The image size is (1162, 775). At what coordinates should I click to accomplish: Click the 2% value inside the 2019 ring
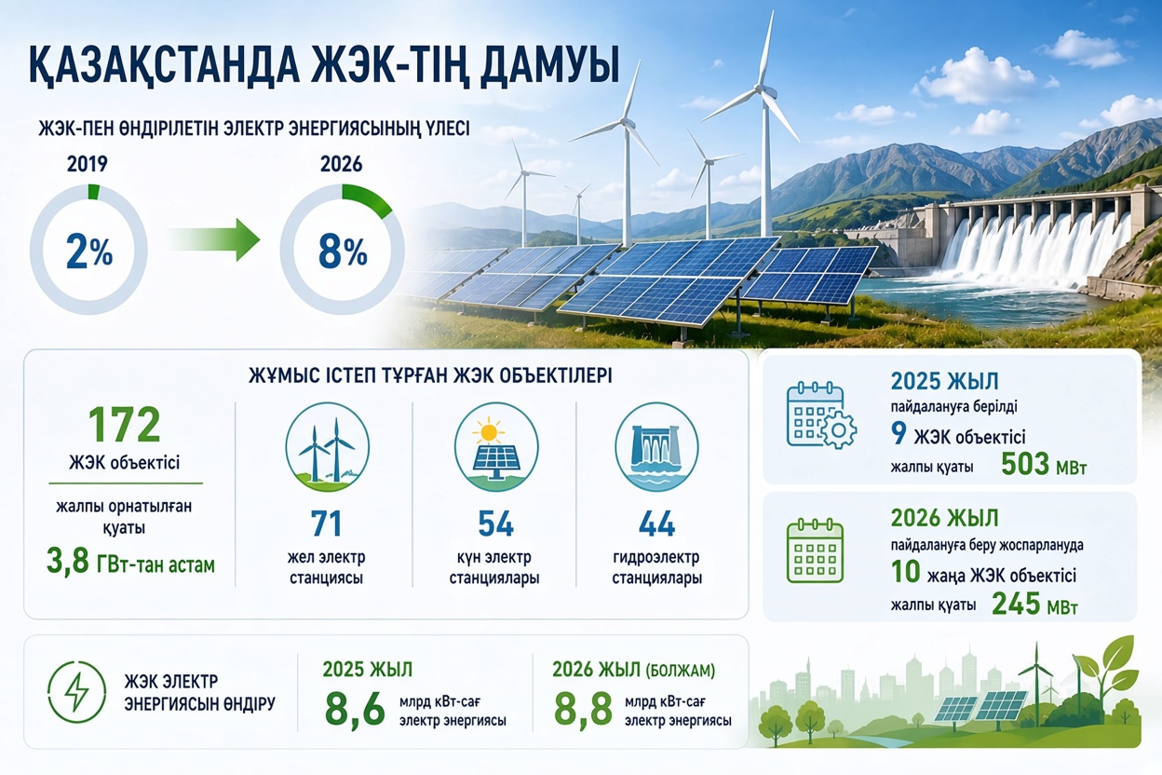pos(89,252)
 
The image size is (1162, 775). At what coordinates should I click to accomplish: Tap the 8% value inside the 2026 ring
pos(343,252)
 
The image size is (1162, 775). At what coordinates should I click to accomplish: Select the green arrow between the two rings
pos(215,240)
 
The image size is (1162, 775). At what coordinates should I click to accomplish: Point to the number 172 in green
pos(125,424)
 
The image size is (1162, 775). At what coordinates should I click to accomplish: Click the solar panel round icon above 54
pos(496,447)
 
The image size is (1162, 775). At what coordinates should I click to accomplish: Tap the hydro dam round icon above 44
pos(656,447)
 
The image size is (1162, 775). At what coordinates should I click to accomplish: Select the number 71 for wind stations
pos(326,523)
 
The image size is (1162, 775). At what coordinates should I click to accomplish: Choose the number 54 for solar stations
pos(496,523)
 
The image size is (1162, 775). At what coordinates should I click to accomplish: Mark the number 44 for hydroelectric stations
pos(656,523)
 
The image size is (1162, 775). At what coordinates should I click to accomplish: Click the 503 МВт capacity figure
pos(1043,464)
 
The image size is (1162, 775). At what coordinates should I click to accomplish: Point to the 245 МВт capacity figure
pos(1035,604)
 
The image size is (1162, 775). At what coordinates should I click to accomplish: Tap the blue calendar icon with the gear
pos(821,415)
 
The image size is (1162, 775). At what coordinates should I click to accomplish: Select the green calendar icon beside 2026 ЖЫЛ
pos(815,551)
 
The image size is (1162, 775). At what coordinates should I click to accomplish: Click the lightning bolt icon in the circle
pos(76,692)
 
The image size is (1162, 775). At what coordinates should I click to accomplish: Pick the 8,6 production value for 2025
pos(356,710)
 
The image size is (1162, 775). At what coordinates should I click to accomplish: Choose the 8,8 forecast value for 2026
pos(584,710)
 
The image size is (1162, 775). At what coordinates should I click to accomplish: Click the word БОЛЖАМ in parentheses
pos(680,671)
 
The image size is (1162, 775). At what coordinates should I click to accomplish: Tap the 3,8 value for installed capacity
pos(67,563)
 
